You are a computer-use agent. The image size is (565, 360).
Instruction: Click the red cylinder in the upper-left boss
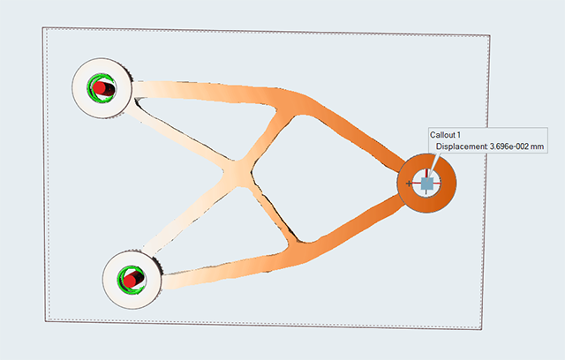pos(103,89)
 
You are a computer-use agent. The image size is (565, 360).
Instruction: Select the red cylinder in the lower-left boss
pos(132,280)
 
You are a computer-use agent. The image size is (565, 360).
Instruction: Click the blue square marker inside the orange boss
pos(427,184)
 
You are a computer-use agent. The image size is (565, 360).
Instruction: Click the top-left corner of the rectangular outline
pos(43,27)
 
